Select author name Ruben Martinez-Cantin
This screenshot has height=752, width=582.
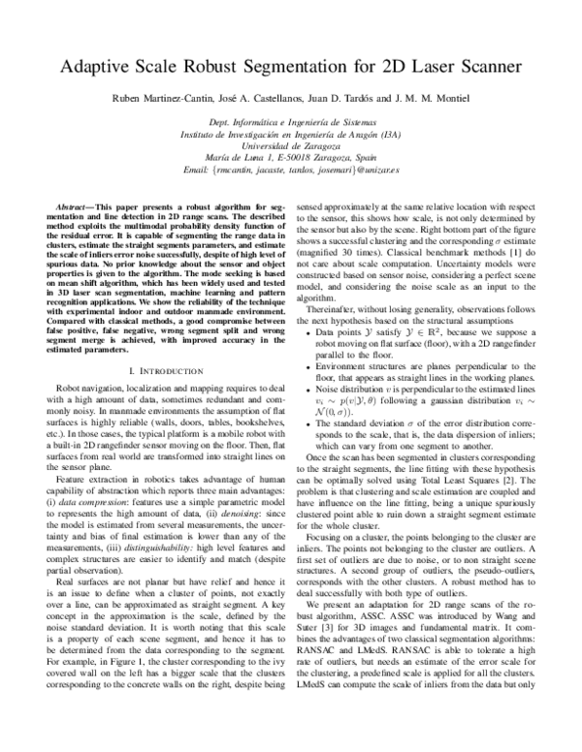pos(158,101)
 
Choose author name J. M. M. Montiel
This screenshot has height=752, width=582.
pos(442,101)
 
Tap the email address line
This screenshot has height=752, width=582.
pos(291,170)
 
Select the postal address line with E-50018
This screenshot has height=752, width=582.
pos(291,156)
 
